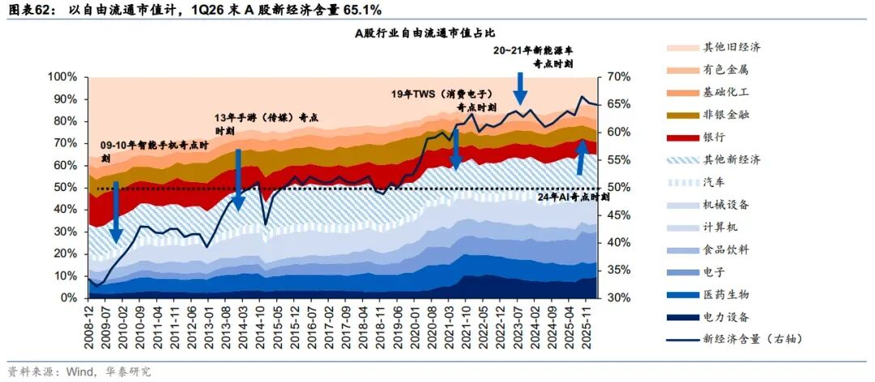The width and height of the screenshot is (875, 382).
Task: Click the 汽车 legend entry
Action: [x=699, y=182]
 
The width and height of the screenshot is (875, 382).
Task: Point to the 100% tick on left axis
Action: [x=66, y=77]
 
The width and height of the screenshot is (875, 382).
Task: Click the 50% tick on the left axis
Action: [x=69, y=188]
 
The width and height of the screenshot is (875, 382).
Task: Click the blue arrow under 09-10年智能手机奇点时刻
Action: [x=116, y=212]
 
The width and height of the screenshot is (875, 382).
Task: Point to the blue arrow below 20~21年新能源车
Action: [x=520, y=88]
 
